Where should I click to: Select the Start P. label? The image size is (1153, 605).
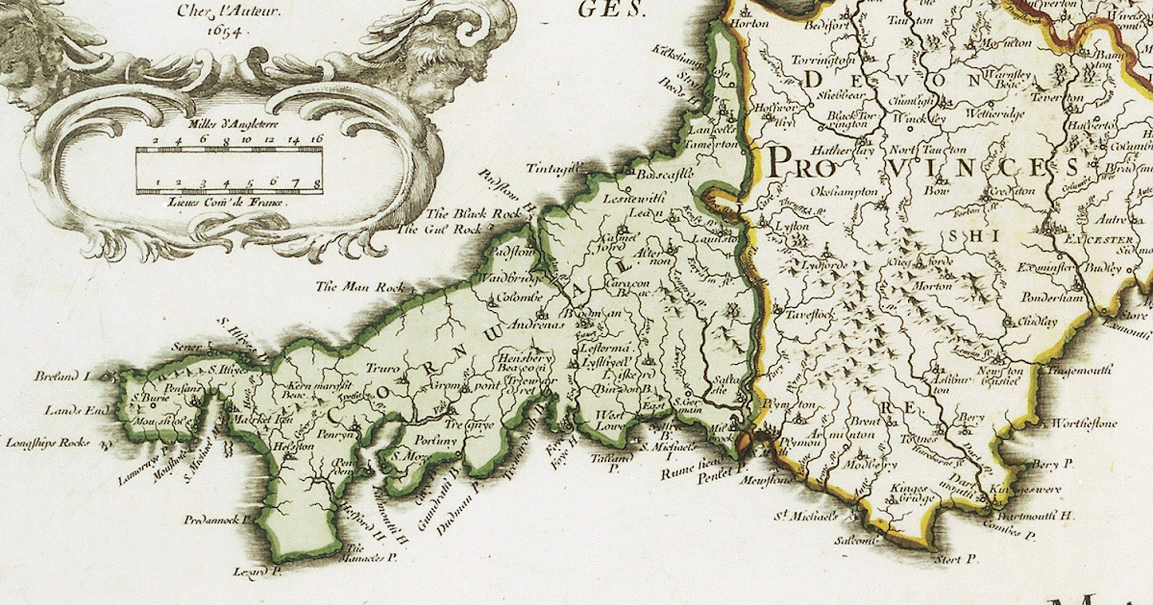point(955,558)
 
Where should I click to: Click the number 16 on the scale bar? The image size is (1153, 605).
point(316,140)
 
